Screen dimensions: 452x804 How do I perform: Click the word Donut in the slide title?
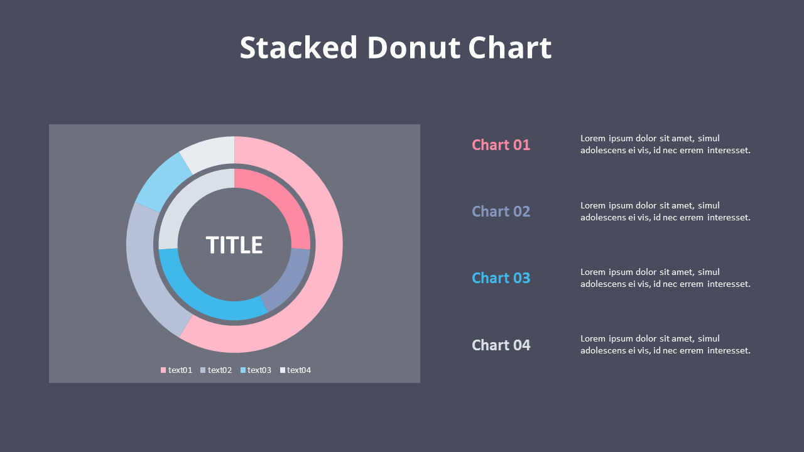(x=413, y=48)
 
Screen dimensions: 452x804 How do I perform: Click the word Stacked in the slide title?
(x=298, y=48)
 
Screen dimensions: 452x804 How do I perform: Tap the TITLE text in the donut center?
(x=234, y=245)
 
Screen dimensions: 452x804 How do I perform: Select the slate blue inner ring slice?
(x=290, y=279)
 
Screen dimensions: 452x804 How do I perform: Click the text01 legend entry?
(x=177, y=370)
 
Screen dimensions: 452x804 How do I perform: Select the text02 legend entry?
(x=216, y=370)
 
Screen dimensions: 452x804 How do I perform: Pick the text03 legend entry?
(x=256, y=370)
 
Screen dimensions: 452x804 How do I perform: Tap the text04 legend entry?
(x=295, y=370)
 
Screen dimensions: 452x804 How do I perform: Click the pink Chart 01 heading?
(x=501, y=145)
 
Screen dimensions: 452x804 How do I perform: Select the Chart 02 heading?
(x=501, y=212)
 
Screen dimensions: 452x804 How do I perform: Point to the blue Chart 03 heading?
(x=501, y=278)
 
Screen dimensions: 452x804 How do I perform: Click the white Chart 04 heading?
(x=501, y=345)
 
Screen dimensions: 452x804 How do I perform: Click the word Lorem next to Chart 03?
(x=593, y=272)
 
